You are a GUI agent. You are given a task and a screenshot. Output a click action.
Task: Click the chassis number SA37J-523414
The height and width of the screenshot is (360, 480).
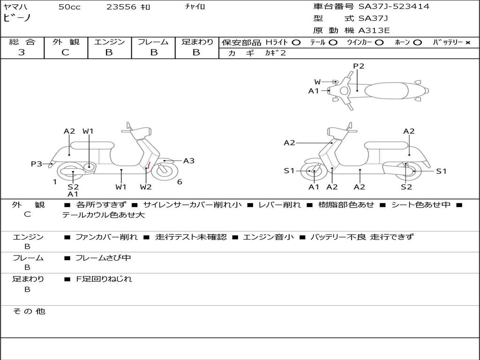(x=394, y=7)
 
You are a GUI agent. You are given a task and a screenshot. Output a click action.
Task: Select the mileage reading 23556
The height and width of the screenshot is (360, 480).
(x=121, y=7)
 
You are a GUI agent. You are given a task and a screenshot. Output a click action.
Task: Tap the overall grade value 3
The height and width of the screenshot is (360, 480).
(x=22, y=52)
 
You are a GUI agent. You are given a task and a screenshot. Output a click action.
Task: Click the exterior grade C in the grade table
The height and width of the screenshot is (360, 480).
(x=66, y=52)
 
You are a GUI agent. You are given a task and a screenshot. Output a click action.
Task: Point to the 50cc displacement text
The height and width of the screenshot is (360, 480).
(x=69, y=7)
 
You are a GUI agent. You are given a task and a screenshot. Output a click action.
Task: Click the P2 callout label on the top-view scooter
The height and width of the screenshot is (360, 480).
(x=359, y=66)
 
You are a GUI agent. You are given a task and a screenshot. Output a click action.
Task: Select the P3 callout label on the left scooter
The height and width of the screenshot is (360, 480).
(x=36, y=164)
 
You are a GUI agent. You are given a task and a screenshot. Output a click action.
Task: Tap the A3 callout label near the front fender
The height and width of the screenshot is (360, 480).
(x=188, y=161)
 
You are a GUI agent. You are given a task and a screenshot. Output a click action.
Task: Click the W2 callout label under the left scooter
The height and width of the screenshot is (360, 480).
(x=146, y=187)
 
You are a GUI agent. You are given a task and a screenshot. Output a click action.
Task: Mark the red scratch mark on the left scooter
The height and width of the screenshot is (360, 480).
(x=148, y=165)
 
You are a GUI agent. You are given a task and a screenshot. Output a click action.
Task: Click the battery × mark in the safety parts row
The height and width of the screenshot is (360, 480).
(x=467, y=42)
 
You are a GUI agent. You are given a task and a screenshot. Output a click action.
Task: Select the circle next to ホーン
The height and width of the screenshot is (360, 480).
(x=417, y=42)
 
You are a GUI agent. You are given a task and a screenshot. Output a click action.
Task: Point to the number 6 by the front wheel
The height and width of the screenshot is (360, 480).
(x=180, y=182)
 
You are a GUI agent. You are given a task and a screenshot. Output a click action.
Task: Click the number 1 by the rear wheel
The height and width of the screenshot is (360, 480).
(x=55, y=182)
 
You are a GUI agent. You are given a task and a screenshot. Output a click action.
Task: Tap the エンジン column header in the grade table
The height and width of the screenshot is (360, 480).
(x=109, y=42)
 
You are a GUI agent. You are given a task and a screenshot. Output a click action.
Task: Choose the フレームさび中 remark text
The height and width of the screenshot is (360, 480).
(x=103, y=258)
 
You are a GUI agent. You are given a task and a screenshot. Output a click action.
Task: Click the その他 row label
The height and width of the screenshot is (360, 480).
(x=29, y=311)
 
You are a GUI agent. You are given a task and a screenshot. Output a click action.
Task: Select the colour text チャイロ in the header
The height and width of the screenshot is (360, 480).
(x=195, y=7)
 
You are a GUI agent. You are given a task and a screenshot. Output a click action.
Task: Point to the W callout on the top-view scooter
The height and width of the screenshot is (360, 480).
(x=318, y=82)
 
